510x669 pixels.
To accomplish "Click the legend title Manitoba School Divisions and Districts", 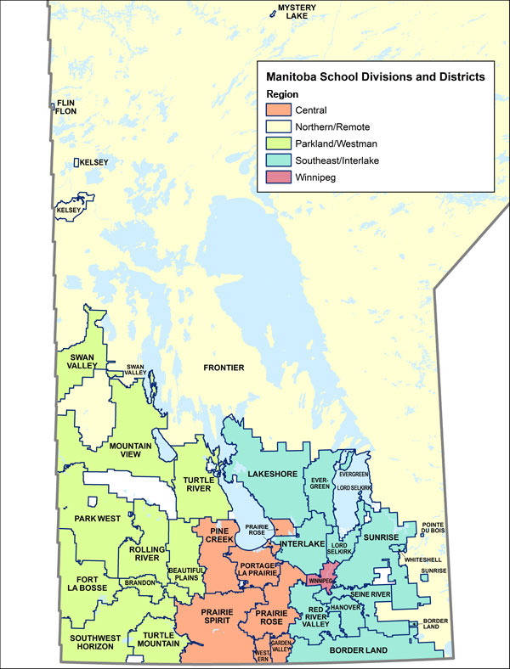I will (x=375, y=76).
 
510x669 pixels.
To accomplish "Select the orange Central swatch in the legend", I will (x=278, y=110).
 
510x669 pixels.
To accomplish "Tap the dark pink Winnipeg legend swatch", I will (x=278, y=177).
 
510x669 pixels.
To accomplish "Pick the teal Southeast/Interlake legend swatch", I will (x=278, y=160).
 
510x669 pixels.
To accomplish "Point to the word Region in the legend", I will (x=281, y=93).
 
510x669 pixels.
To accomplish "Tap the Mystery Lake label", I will (x=297, y=11).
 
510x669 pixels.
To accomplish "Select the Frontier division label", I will (x=224, y=368).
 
